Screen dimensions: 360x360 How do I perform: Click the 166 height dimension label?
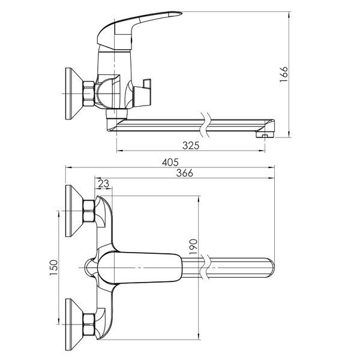pos(284,74)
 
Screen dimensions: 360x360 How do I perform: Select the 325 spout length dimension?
pos(191,145)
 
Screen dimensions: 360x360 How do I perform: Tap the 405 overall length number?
pos(170,163)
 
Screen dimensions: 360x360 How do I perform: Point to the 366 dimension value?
pos(185,173)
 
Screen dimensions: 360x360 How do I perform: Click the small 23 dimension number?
pos(104,184)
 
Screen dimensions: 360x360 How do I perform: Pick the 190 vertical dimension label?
pos(193,247)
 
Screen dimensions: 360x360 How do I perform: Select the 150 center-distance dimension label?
pos(54,268)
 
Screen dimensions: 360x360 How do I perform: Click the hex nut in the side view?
pos(89,94)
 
